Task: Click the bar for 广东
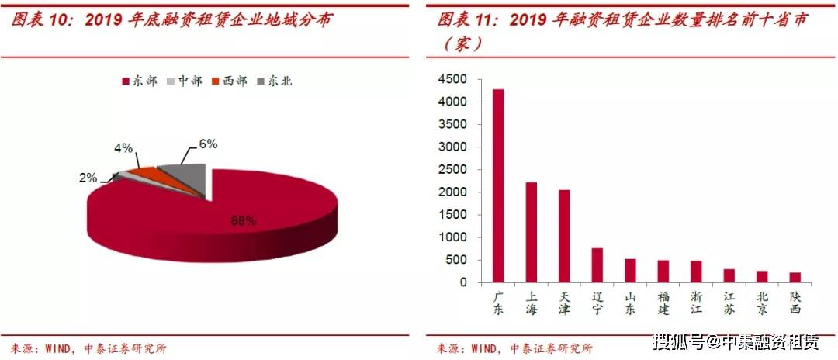[498, 186]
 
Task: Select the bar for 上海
[532, 233]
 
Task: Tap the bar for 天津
[565, 237]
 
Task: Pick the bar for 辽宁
[597, 265]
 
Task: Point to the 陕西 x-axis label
[795, 303]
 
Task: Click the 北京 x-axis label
[762, 303]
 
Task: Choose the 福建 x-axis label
[663, 303]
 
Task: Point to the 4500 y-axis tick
[452, 79]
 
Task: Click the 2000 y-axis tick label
[452, 192]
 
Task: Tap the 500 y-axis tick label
[455, 260]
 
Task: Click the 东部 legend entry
[139, 81]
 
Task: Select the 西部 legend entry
[229, 81]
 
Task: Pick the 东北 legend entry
[274, 81]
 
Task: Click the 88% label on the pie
[243, 221]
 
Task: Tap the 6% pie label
[208, 144]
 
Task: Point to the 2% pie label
[88, 178]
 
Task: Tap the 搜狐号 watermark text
[677, 342]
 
